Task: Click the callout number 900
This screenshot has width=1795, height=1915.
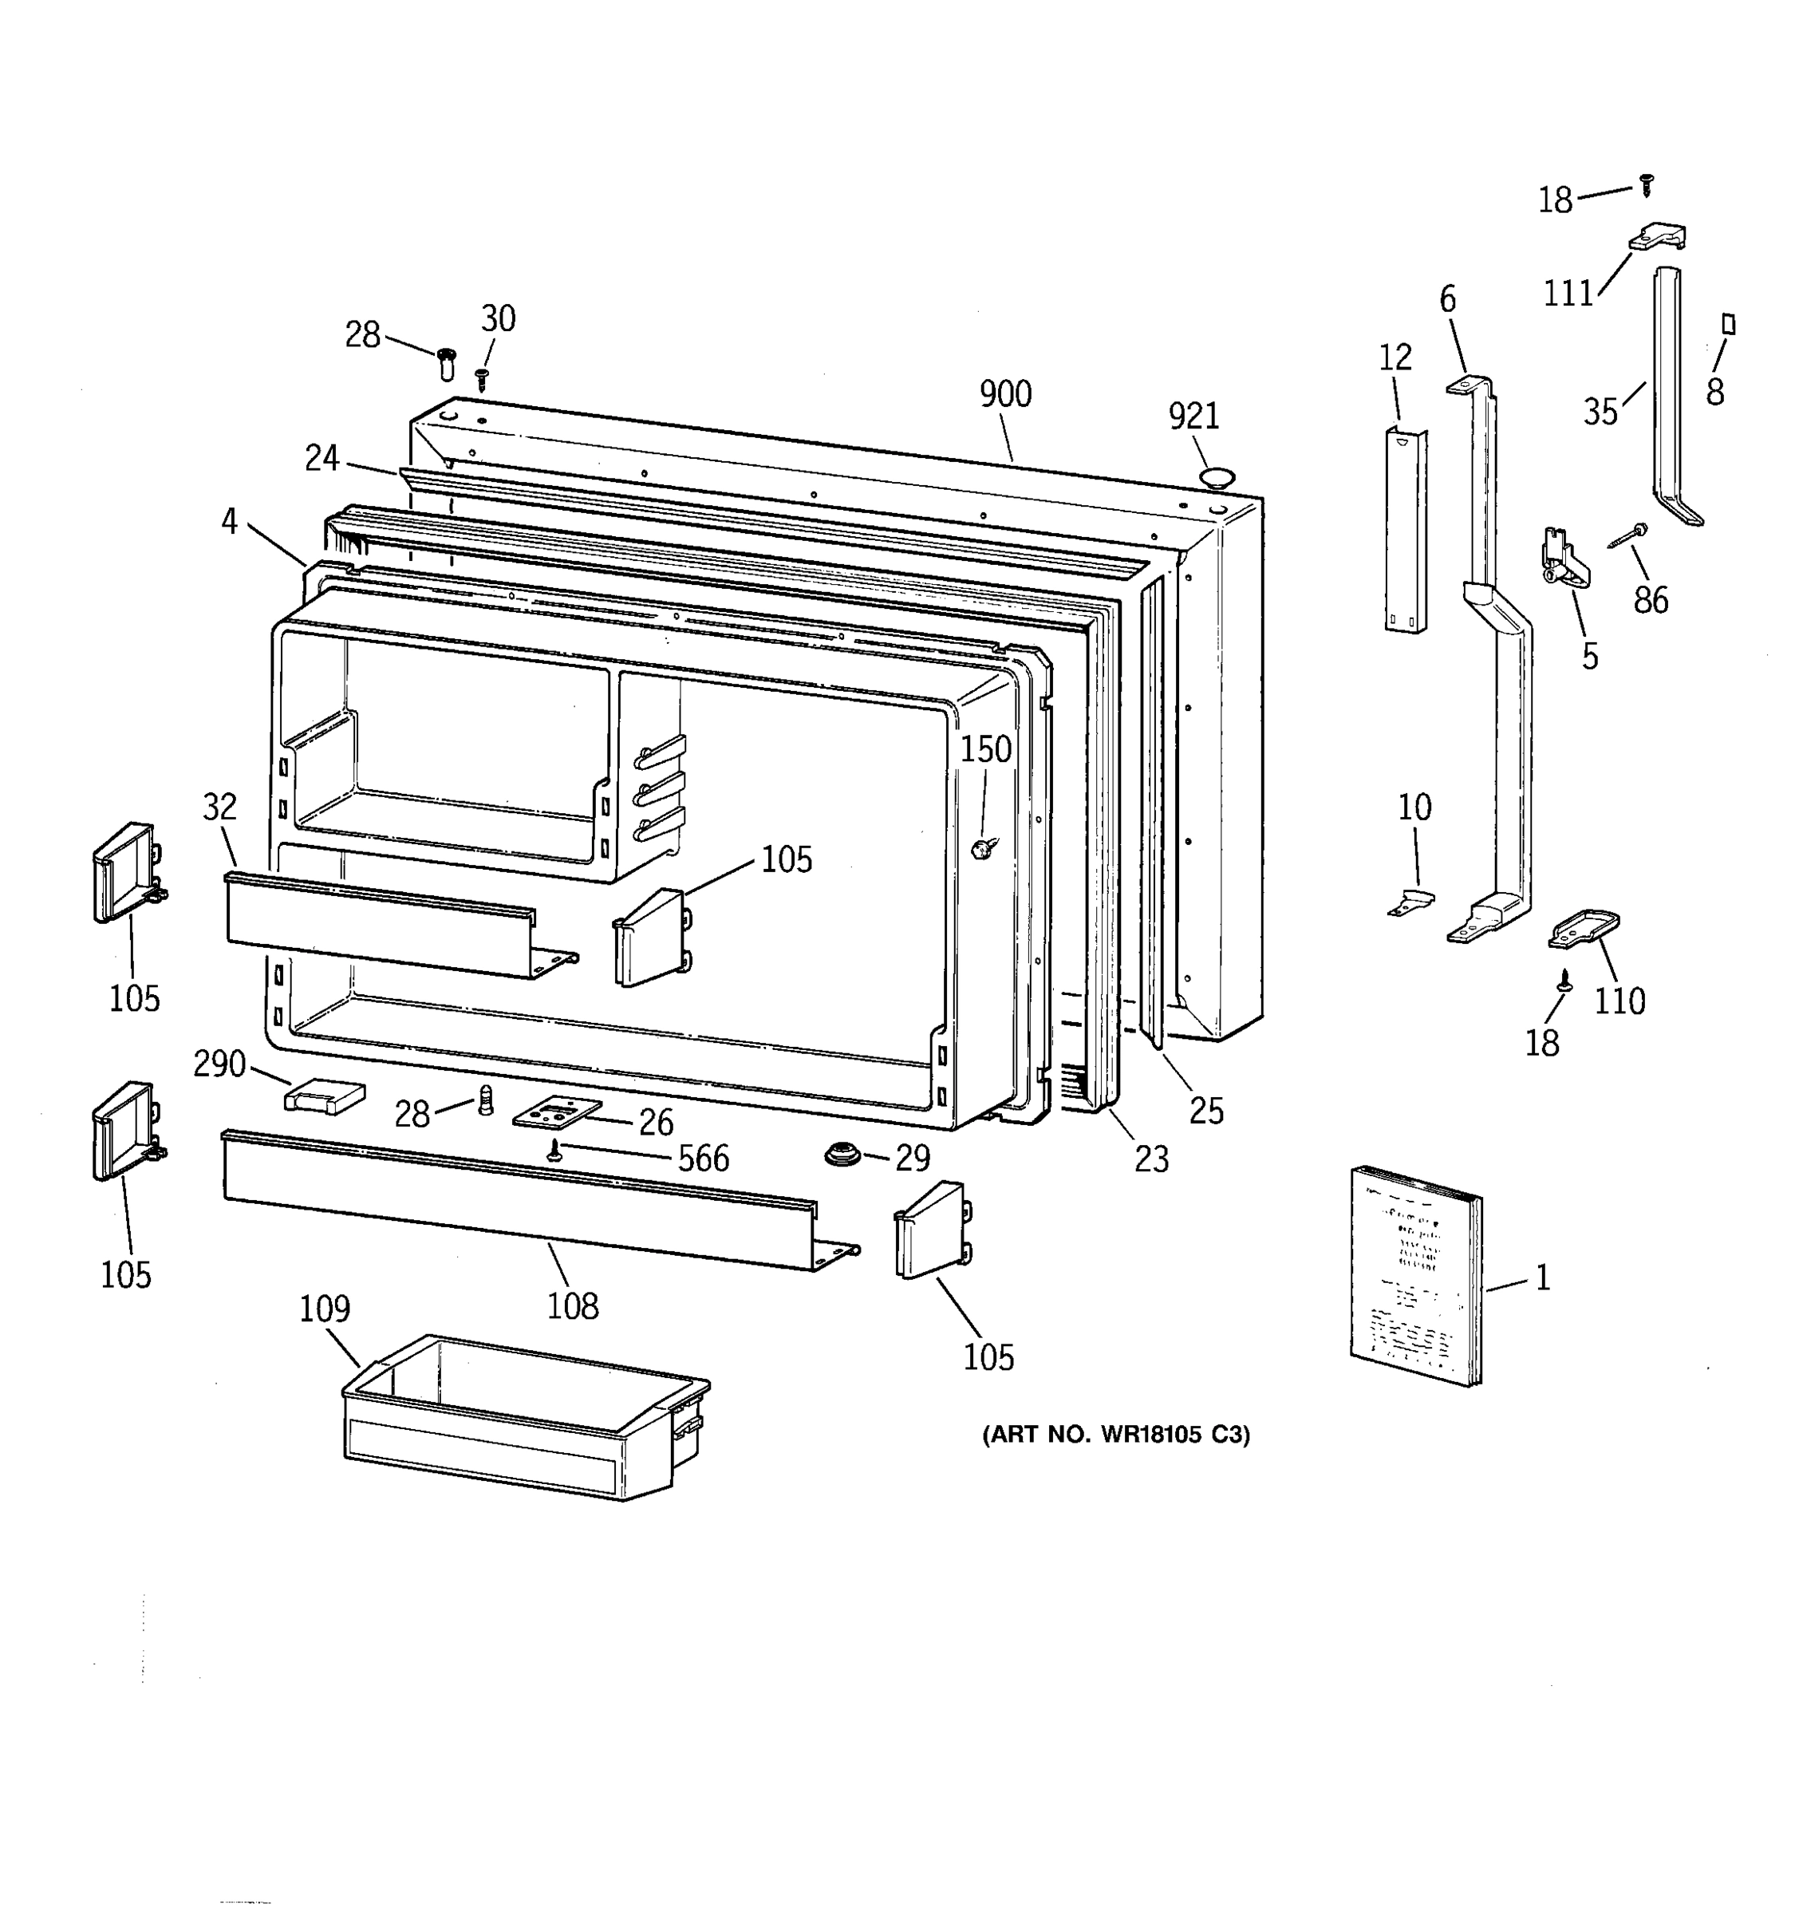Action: click(1004, 394)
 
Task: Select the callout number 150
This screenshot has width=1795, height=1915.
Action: click(986, 749)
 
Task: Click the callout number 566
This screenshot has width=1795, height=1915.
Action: click(703, 1159)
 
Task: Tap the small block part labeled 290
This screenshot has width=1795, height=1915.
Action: click(325, 1096)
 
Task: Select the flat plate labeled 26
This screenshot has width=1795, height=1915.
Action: click(557, 1114)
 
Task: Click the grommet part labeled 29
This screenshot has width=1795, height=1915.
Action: click(843, 1153)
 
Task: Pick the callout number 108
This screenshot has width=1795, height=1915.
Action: click(572, 1306)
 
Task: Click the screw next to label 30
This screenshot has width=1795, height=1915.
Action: click(483, 377)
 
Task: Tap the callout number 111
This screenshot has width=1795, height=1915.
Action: click(1568, 293)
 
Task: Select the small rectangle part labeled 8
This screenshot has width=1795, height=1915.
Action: click(1728, 324)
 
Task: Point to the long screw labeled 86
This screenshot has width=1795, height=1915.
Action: click(1627, 535)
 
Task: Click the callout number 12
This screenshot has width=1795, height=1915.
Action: click(1395, 357)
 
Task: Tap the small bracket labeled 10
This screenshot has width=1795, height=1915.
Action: click(1412, 902)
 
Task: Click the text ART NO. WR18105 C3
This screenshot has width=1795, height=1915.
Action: click(1115, 1435)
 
